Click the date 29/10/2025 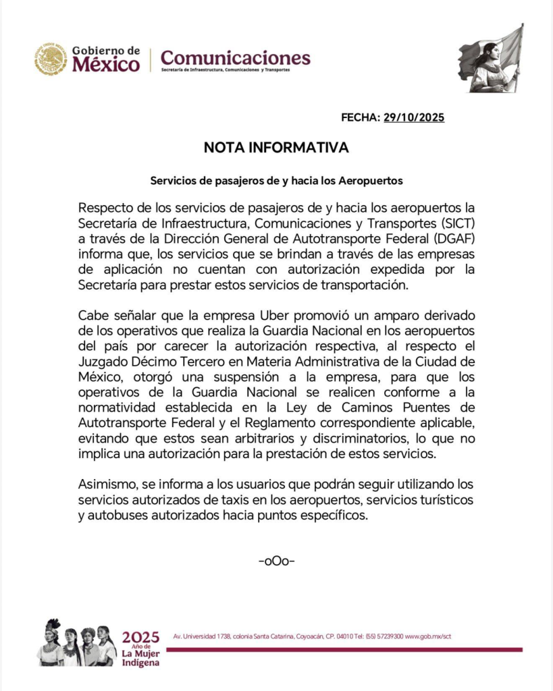414,117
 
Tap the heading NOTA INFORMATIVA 276,148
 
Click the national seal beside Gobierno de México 51,59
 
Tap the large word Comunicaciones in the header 236,57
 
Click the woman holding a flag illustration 491,59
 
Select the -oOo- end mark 276,561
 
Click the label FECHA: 361,117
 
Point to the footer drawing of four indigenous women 76,644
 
